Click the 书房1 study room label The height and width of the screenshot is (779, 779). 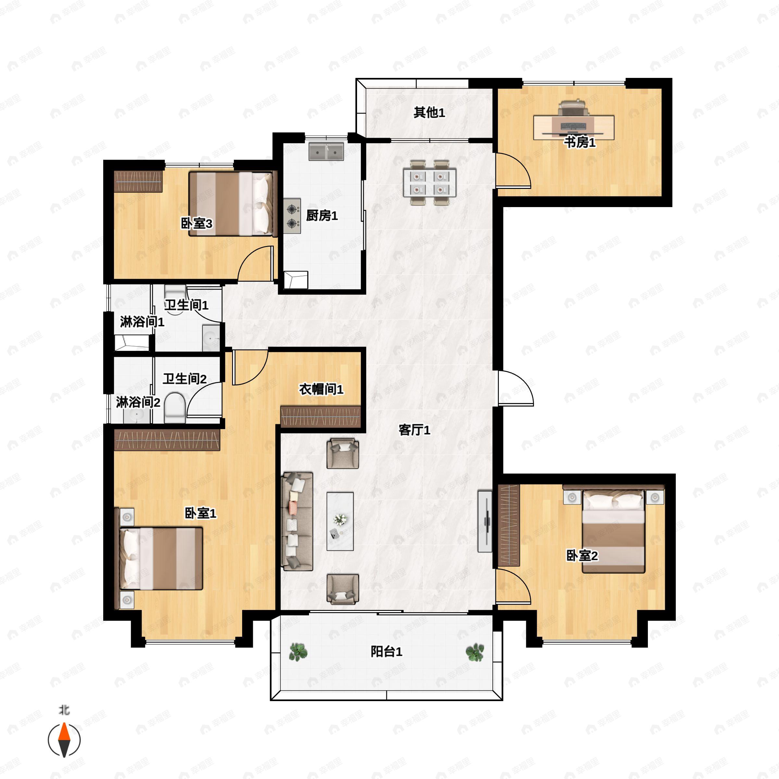579,142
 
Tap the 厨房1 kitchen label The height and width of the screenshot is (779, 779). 322,216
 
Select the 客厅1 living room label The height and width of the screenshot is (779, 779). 414,430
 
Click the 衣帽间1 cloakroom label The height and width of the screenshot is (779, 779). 321,389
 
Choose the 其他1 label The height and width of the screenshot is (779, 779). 429,113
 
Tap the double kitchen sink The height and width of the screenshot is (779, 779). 326,152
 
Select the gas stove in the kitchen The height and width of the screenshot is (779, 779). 292,216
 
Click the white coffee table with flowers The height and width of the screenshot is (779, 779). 340,521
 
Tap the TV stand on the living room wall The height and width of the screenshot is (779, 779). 485,521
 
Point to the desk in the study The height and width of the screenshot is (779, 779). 574,128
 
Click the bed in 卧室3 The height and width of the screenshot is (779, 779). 233,204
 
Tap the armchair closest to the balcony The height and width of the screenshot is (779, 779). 343,589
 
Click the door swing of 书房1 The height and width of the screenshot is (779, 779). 513,170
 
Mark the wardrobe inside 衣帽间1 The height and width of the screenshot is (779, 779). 321,416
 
